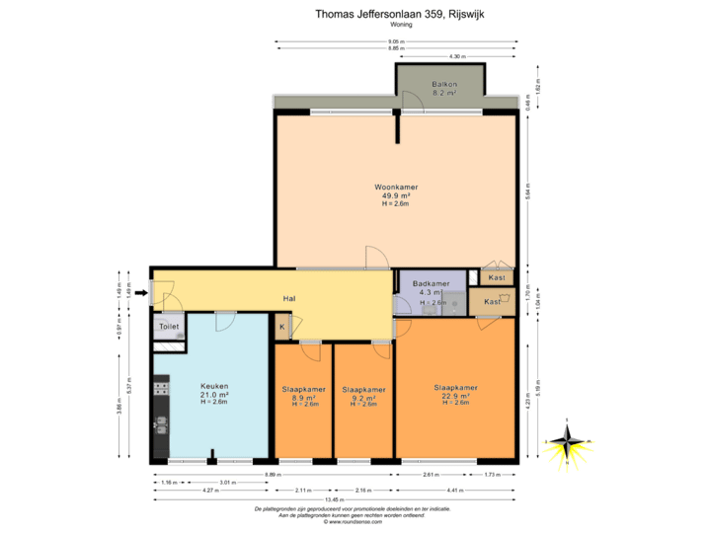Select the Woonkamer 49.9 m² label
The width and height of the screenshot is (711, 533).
(396, 192)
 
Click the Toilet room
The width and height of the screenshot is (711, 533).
(168, 326)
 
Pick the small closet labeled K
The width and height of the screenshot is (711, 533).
(281, 327)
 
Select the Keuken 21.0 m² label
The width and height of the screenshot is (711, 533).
(214, 393)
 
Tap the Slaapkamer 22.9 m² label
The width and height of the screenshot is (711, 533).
(455, 394)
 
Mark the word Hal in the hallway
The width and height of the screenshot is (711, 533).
(290, 298)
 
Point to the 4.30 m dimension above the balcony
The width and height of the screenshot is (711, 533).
(455, 56)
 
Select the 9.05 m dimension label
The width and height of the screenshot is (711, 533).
(395, 41)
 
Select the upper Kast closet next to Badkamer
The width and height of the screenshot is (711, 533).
(497, 277)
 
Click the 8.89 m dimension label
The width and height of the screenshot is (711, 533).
(269, 475)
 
